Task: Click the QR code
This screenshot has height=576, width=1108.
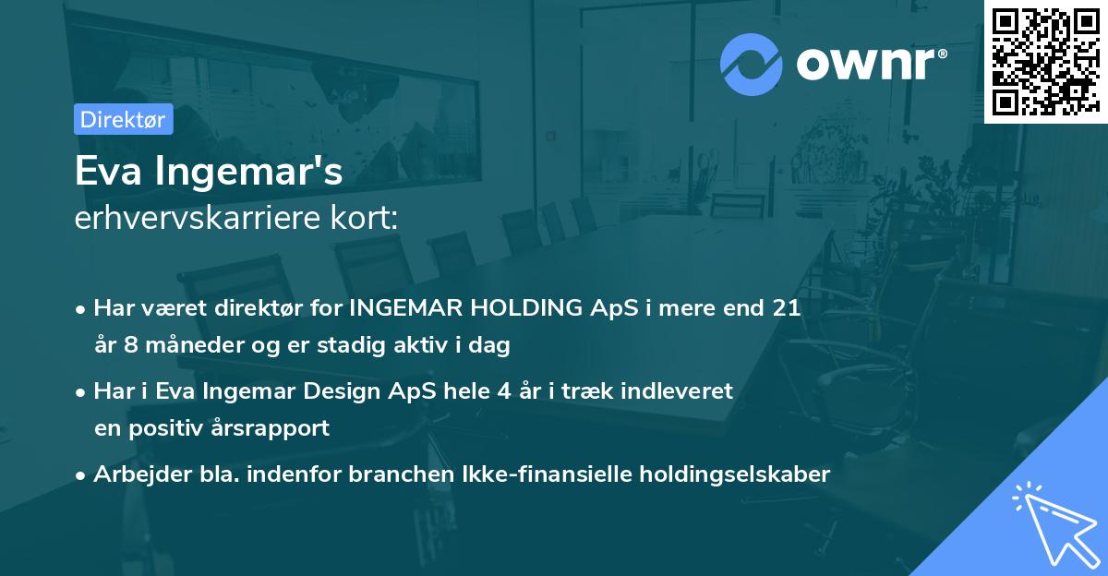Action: (1046, 62)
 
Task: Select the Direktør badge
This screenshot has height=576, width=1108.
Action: (123, 119)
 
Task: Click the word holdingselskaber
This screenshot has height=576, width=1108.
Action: (739, 474)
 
